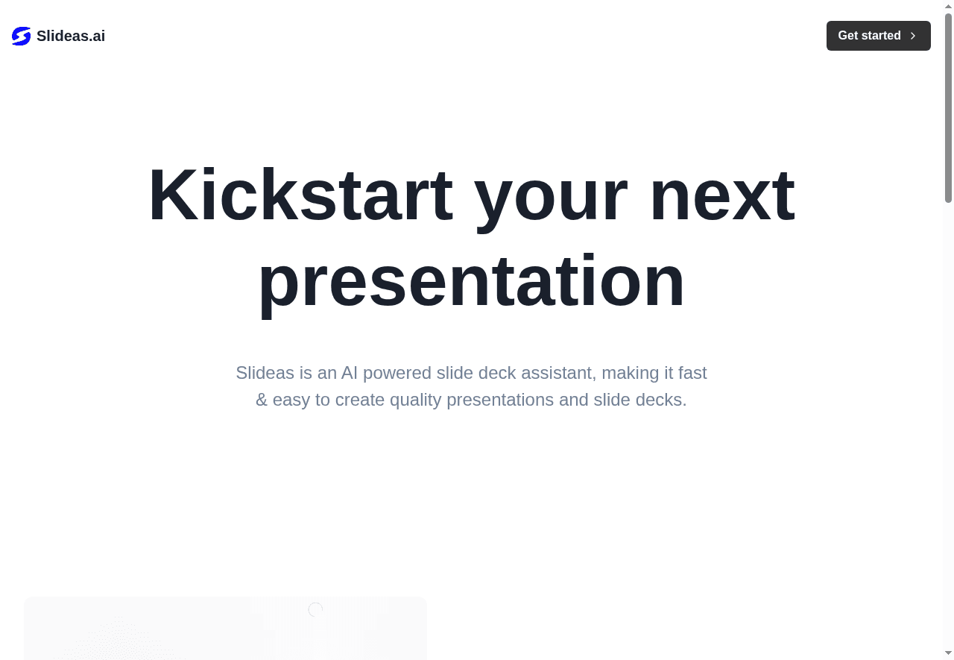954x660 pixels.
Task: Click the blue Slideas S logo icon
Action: pos(22,36)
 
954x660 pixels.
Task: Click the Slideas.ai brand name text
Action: pos(71,36)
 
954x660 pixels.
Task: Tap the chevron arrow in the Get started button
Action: pos(913,36)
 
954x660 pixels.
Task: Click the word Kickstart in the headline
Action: pos(300,195)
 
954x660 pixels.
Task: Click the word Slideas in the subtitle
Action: pos(265,373)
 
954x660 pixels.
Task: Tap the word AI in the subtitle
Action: pos(350,373)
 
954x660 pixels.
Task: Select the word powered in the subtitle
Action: pos(397,374)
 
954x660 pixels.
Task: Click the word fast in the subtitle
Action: pos(692,373)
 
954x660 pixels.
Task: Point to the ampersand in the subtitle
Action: pos(262,400)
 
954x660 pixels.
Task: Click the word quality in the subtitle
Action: pos(415,400)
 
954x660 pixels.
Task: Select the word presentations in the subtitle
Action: pos(500,400)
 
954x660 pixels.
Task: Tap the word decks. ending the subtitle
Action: pos(661,400)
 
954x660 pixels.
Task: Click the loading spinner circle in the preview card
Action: pos(315,610)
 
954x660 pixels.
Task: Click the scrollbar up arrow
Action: pos(948,6)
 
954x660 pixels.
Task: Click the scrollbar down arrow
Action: pos(948,653)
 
